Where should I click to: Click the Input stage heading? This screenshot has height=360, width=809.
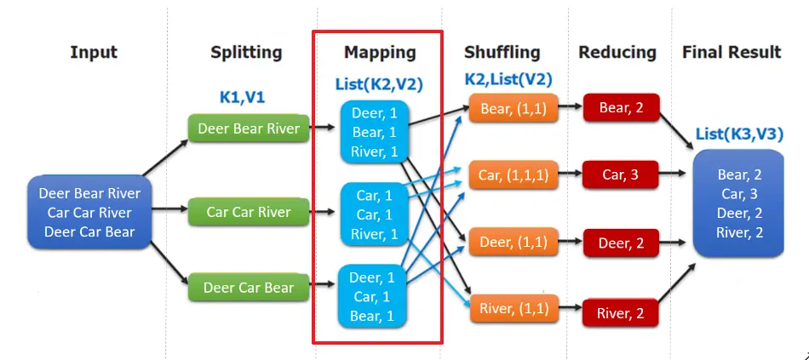coord(94,53)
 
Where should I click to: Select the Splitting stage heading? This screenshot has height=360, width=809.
coord(246,53)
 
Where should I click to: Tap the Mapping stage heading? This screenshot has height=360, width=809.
coord(380,53)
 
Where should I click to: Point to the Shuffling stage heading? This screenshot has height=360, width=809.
coord(502,53)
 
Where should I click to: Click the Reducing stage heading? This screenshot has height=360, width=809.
coord(617,53)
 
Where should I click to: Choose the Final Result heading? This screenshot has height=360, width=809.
coord(732,53)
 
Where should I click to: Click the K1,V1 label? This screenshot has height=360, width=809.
coord(242,97)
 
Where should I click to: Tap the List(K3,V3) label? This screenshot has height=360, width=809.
coord(738,134)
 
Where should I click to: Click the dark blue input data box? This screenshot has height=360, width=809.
coord(90,213)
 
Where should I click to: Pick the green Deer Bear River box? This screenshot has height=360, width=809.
coord(249,129)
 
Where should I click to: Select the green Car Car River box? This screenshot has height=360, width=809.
coord(249,212)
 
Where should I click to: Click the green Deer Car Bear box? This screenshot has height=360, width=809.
coord(249,288)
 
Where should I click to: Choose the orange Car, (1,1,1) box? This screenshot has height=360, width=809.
coord(514,175)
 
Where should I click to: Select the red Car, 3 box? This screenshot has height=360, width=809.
coord(621,175)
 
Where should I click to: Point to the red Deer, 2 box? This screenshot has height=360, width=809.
coord(621,243)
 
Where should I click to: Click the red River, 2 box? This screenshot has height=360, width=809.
coord(621,314)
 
